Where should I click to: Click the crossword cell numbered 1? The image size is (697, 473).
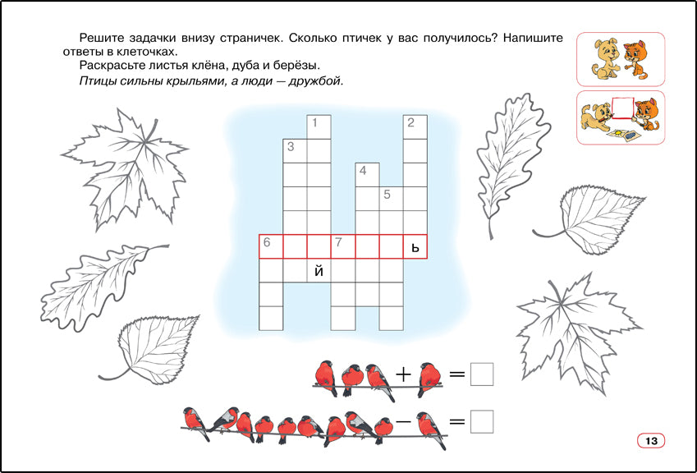(x=319, y=127)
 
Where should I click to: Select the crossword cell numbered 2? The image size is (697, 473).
(x=415, y=127)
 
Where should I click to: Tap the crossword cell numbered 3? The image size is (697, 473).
(x=296, y=151)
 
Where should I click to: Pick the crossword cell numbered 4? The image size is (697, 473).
(x=367, y=175)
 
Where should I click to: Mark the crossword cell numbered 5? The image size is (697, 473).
(x=391, y=200)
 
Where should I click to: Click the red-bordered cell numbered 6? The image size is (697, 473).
(x=271, y=246)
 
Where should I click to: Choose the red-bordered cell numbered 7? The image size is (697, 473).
(x=343, y=246)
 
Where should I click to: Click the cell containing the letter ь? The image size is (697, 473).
(x=415, y=246)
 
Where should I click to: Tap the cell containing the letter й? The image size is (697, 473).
(x=319, y=271)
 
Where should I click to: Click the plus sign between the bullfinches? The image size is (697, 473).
(x=404, y=375)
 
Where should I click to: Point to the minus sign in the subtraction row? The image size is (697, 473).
(x=403, y=420)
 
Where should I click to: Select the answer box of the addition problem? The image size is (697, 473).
(x=482, y=374)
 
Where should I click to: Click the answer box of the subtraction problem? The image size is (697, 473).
(x=482, y=421)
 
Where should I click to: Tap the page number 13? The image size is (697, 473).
(x=651, y=441)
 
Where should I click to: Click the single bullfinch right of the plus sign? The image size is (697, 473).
(x=429, y=379)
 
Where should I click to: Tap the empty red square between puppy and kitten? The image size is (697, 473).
(x=622, y=108)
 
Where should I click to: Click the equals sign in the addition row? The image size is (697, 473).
(x=457, y=374)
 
